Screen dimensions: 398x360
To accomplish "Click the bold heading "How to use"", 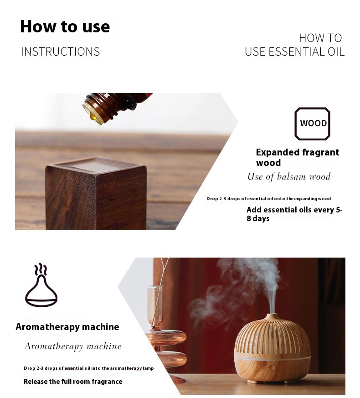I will pos(65,26).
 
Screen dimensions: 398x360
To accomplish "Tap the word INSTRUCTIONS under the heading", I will pos(60,52).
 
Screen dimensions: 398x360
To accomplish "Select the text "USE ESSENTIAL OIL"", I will pos(294,52).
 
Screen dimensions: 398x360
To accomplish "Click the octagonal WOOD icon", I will pos(313,124).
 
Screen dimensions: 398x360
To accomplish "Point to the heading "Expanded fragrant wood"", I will pos(297,157).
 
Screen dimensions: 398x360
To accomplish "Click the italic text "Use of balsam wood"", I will pos(289,176).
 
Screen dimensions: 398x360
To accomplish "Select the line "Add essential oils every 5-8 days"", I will pos(294,214).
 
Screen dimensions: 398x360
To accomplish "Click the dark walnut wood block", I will pos(96,194).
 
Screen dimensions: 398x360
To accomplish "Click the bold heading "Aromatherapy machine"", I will pos(67,327).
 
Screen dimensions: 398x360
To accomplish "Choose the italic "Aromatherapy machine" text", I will pos(73,346).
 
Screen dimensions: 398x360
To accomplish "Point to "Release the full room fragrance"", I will pos(73,382).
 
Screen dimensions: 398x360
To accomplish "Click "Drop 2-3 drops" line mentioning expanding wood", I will pos(268,199).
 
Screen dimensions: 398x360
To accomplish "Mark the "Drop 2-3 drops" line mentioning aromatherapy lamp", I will pos(88,368).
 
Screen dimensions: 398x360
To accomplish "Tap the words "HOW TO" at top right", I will pos(320,38).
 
